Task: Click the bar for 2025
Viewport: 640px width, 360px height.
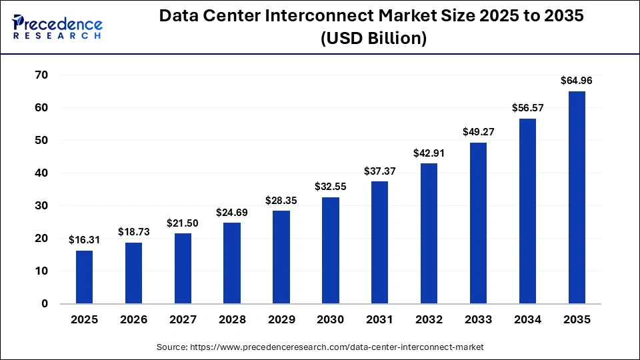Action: pos(84,277)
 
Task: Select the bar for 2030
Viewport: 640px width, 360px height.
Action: pos(330,250)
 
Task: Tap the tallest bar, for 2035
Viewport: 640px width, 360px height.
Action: pos(577,197)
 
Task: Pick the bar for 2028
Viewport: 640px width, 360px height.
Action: pos(232,263)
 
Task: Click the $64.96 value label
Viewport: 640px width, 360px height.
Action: pos(577,81)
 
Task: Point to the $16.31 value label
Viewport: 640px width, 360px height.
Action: pos(84,239)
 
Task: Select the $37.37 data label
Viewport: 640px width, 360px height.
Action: pos(379,171)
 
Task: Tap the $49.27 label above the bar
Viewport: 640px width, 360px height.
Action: pos(478,132)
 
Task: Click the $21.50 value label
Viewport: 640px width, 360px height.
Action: pos(183,223)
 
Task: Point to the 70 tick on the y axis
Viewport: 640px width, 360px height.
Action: pos(41,75)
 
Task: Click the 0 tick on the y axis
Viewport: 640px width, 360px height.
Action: pos(45,304)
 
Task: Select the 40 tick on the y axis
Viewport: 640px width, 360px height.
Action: pos(41,173)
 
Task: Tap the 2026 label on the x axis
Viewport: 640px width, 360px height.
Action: pos(133,320)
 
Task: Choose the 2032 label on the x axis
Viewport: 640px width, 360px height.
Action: pos(429,320)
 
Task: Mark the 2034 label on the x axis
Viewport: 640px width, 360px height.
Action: pos(527,320)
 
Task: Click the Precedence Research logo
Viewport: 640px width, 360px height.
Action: pos(57,25)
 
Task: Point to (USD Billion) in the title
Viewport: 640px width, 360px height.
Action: pos(373,39)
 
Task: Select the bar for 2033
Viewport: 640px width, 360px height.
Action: pos(478,223)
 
